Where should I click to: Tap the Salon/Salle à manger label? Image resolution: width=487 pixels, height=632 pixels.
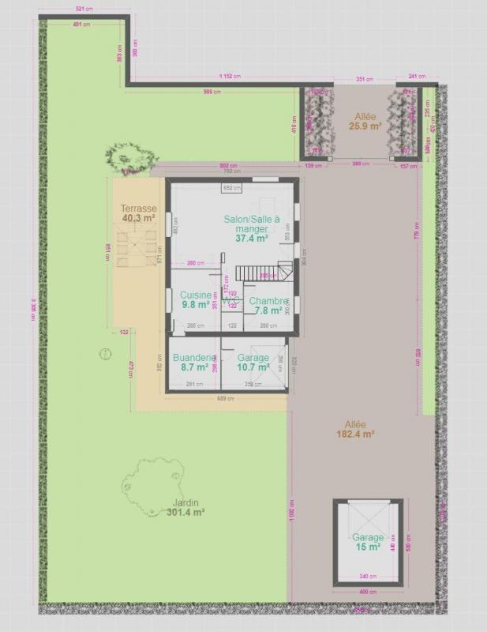tap(252, 228)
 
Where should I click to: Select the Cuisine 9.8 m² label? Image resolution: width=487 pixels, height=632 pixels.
tap(195, 299)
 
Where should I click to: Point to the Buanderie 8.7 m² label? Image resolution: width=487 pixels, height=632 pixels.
tap(194, 362)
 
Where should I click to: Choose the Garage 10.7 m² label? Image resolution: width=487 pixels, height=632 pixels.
tap(253, 363)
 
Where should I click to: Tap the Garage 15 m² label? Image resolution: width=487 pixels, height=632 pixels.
tap(367, 542)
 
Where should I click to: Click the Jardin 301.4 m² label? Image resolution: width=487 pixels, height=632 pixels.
tap(186, 507)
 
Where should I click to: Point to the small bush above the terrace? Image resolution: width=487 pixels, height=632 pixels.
tap(126, 157)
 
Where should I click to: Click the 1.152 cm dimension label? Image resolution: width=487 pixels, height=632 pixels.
tap(230, 77)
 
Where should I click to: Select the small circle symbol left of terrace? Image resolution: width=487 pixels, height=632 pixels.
tap(103, 355)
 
